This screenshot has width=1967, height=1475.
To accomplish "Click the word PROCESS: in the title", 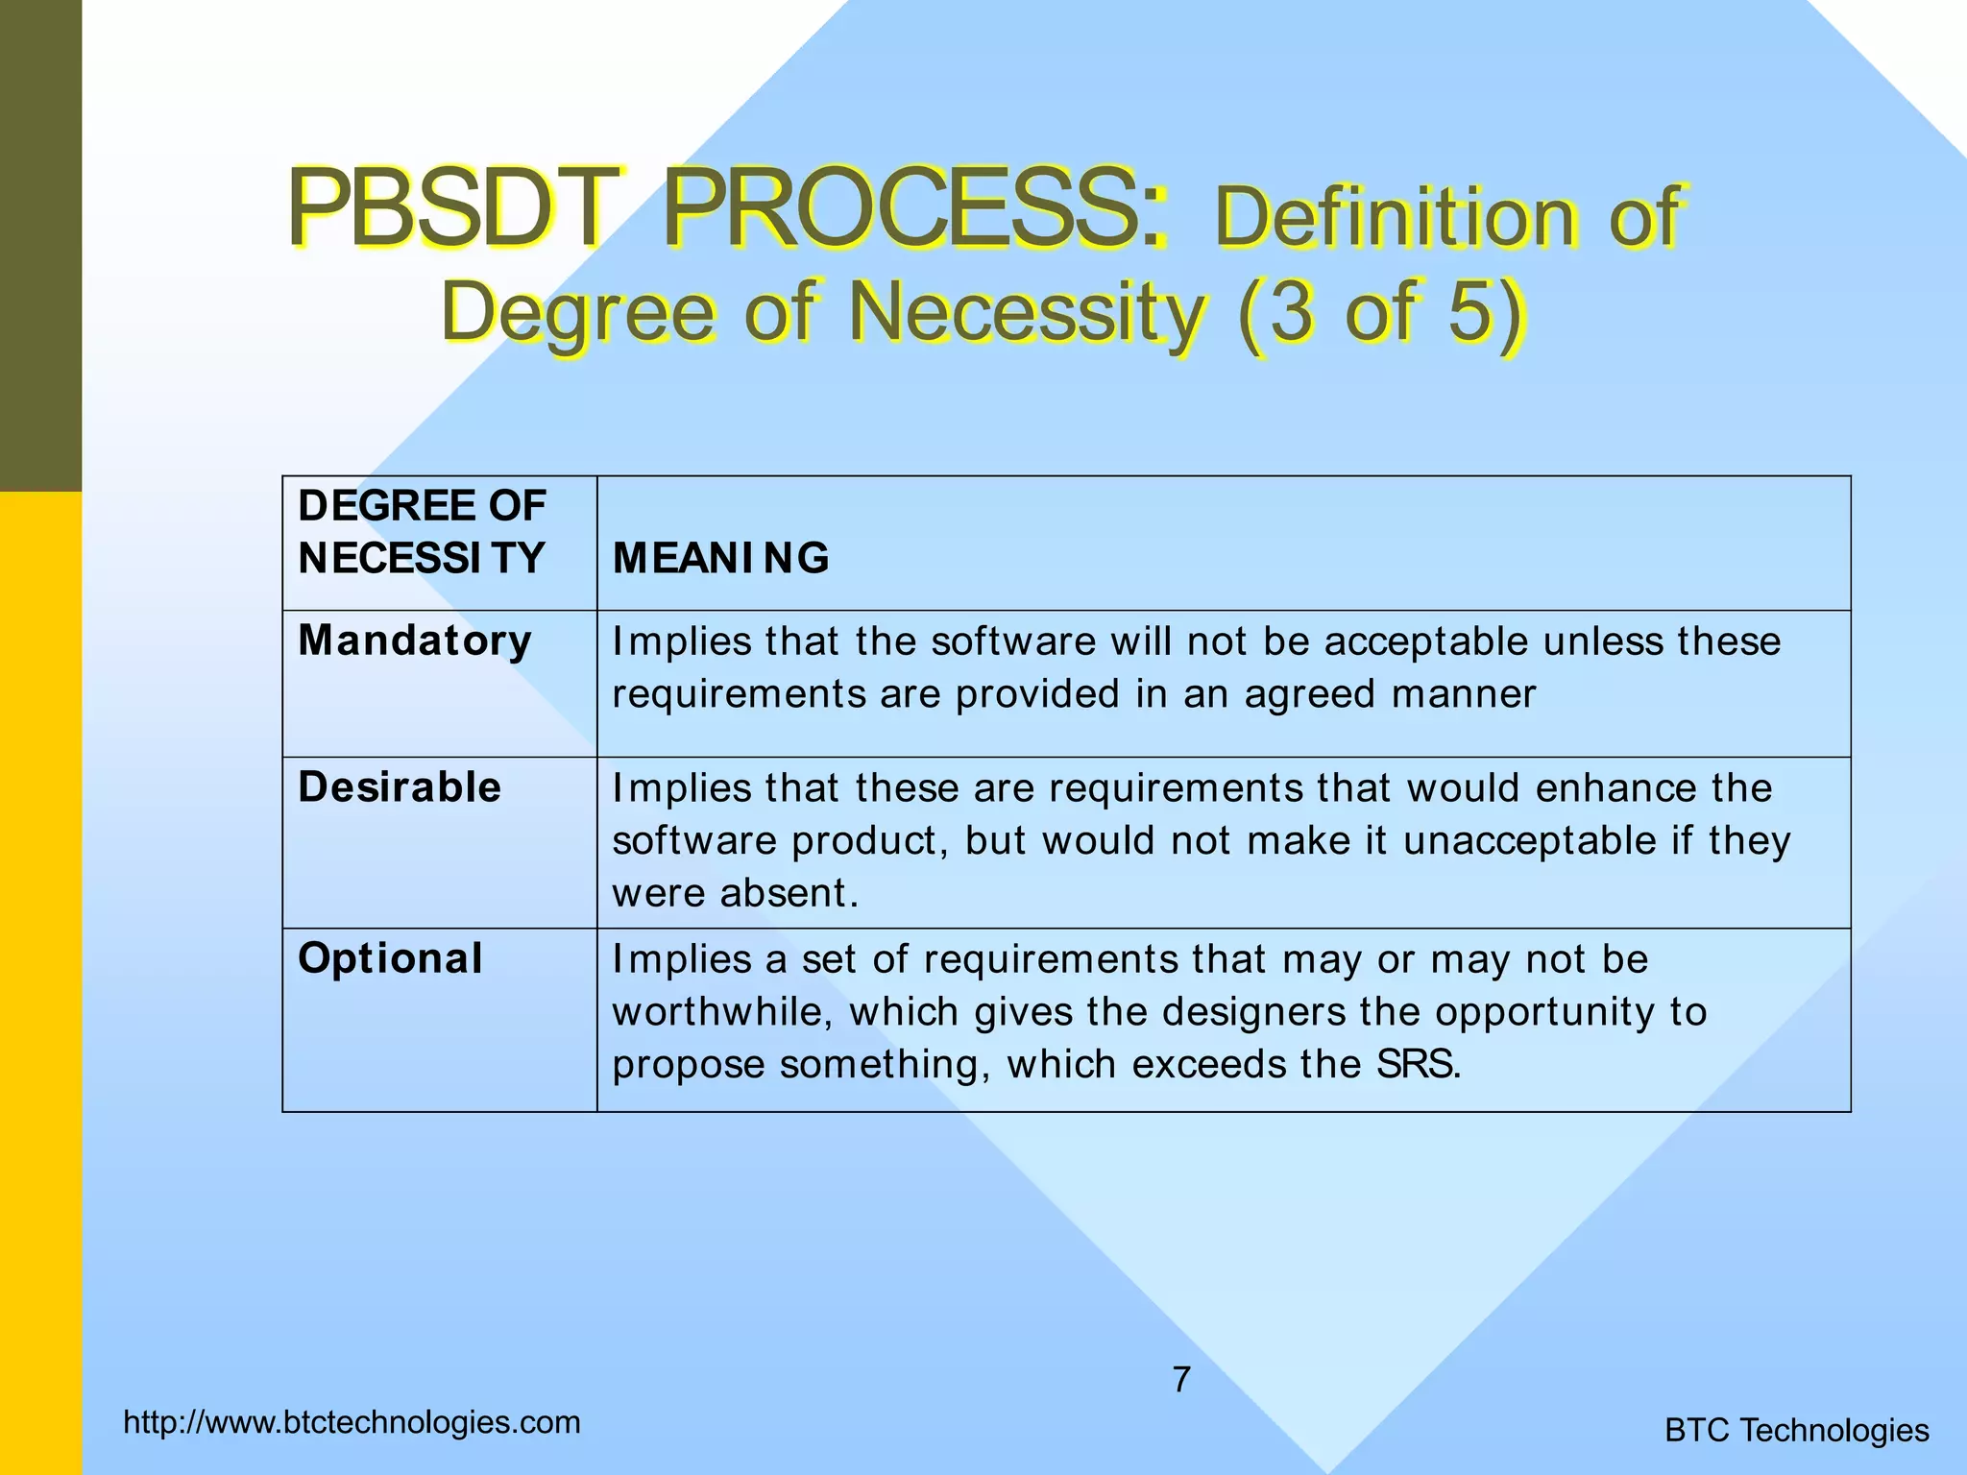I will tap(917, 208).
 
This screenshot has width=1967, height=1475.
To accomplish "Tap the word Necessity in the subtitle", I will tap(1025, 312).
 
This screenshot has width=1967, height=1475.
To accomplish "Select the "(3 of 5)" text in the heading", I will tap(1380, 312).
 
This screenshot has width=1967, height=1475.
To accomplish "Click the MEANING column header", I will tap(720, 558).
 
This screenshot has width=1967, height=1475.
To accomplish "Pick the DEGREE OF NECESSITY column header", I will tap(422, 532).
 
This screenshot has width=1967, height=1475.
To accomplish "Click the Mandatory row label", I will tap(415, 641).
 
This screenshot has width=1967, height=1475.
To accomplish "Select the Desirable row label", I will tap(400, 787).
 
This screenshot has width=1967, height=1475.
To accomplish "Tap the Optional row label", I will tap(390, 958).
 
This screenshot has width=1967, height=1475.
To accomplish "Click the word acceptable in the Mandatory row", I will tap(1426, 641).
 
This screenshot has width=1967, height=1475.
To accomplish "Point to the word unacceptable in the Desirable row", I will tap(1530, 840).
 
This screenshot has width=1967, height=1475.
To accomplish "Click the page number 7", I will tap(1181, 1380).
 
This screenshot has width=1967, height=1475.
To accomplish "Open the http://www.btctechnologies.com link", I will tap(352, 1422).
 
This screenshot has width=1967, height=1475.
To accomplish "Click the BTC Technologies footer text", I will tap(1796, 1430).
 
